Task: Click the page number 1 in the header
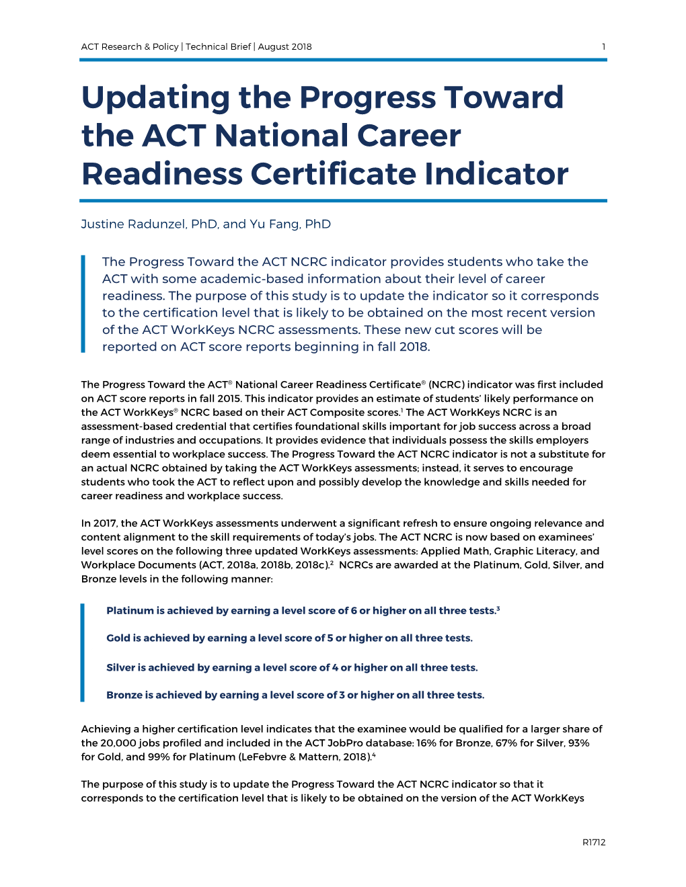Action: pyautogui.click(x=603, y=47)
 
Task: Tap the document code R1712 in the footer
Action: pyautogui.click(x=594, y=842)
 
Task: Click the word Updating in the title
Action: pyautogui.click(x=155, y=98)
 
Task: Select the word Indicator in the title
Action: pyautogui.click(x=496, y=174)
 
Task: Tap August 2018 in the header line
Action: pyautogui.click(x=284, y=47)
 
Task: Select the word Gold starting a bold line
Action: pyautogui.click(x=118, y=638)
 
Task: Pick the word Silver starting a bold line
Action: pyautogui.click(x=120, y=668)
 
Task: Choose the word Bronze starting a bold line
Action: pyautogui.click(x=124, y=695)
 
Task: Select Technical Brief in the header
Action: pyautogui.click(x=218, y=47)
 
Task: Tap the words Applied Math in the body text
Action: pyautogui.click(x=455, y=551)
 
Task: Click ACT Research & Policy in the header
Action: pyautogui.click(x=130, y=47)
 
